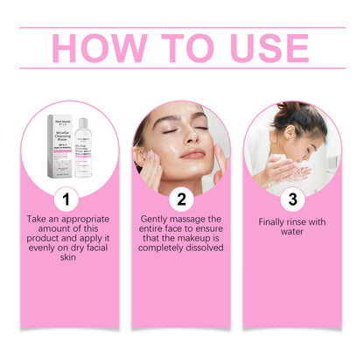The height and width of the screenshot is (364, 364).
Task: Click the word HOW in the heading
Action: pyautogui.click(x=99, y=49)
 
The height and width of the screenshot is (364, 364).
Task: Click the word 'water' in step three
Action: pyautogui.click(x=293, y=233)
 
